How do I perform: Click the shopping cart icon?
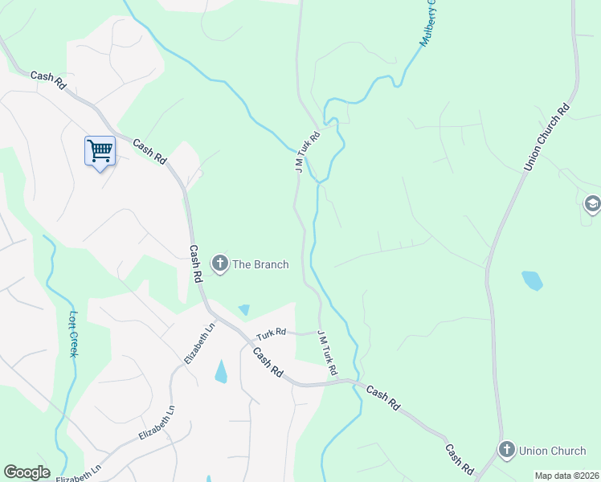(100, 150)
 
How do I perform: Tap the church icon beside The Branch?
(219, 263)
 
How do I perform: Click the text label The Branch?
(260, 263)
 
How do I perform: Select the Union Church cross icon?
(506, 450)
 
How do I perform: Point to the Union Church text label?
(553, 451)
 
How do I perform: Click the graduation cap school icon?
(593, 205)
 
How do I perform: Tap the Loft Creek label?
(75, 334)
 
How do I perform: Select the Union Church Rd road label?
(546, 137)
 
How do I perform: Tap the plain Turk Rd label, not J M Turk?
(272, 333)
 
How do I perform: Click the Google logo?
(27, 472)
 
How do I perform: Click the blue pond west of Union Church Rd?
(532, 280)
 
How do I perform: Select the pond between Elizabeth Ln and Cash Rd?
(221, 371)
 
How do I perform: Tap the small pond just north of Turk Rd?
(243, 309)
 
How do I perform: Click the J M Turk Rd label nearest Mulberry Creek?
(307, 152)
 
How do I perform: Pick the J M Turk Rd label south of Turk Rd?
(326, 353)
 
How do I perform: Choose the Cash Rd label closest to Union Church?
(459, 457)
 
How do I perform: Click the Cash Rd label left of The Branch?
(195, 263)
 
